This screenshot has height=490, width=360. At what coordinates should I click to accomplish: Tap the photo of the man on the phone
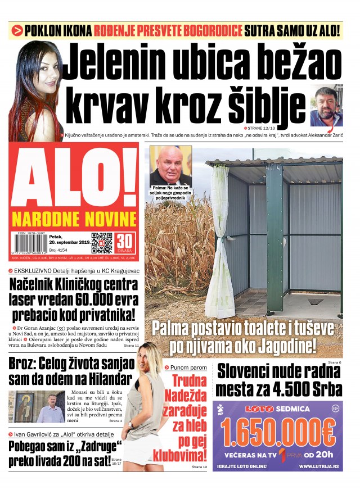326,106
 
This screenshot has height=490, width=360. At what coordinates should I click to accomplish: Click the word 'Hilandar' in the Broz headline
106,378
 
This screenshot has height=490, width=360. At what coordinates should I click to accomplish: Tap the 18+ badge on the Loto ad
335,409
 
